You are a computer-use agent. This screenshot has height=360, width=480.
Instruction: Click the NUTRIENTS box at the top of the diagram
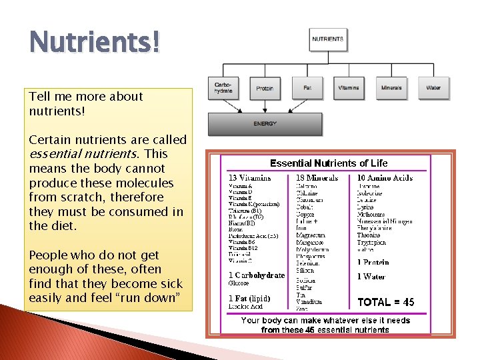coord(328,39)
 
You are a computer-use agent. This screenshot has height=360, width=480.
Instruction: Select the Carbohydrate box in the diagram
coord(223,87)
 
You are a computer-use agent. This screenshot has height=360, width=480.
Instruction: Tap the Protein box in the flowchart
coord(265,87)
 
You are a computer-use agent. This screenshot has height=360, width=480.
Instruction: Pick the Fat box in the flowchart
coord(307,87)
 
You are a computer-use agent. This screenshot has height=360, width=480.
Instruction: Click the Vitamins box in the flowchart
coord(348,87)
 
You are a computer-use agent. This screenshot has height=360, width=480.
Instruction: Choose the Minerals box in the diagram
coord(391,87)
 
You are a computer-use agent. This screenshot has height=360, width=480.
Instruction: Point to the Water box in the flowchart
coord(433,87)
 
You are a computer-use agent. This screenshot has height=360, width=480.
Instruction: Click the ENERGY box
coord(265,124)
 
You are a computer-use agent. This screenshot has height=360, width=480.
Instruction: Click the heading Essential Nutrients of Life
coord(328,163)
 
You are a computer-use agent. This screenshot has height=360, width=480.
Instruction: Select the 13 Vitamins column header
coord(250,178)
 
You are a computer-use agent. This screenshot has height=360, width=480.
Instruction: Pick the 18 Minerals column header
coord(317,178)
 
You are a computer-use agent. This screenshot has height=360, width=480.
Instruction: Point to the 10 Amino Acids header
coord(385,178)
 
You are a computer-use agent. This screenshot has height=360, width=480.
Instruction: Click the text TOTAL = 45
coord(386,302)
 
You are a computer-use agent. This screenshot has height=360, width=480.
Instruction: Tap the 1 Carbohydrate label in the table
coord(257,275)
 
